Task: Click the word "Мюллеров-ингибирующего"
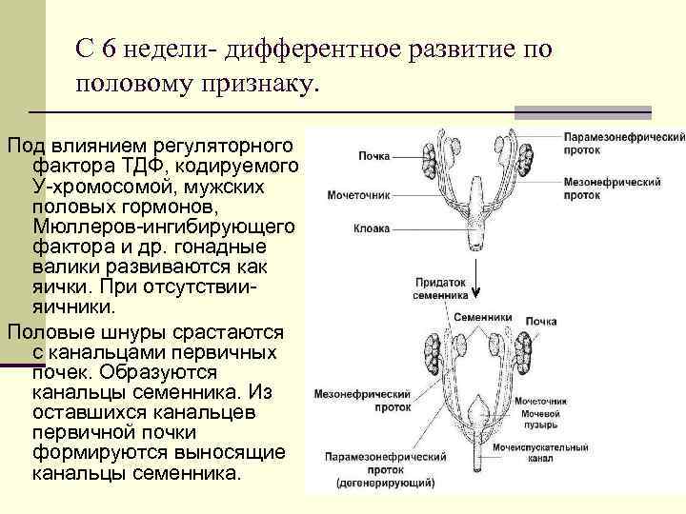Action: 164,228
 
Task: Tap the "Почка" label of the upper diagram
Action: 374,156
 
